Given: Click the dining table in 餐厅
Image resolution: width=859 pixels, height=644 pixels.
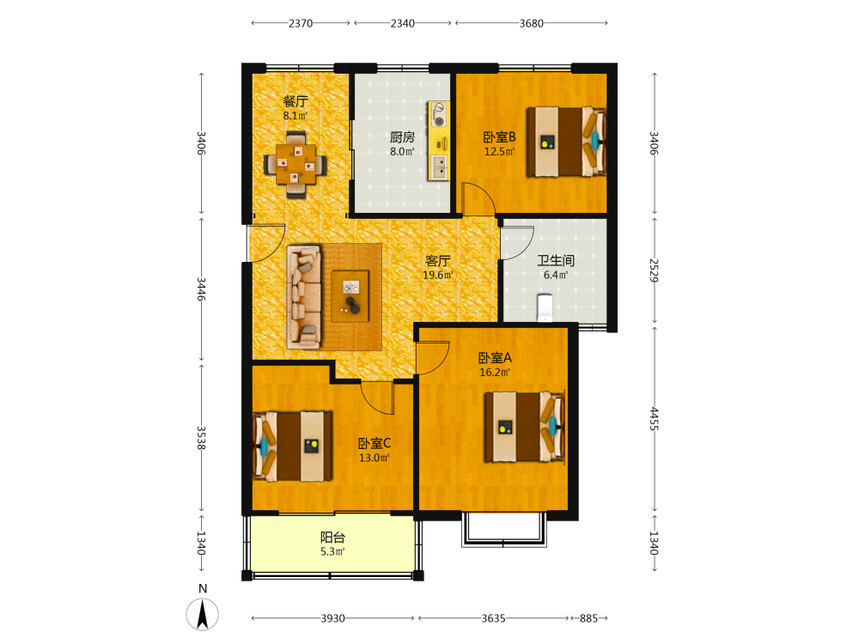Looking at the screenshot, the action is pyautogui.click(x=295, y=164).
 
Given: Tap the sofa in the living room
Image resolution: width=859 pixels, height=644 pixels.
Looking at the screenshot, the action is pyautogui.click(x=304, y=297).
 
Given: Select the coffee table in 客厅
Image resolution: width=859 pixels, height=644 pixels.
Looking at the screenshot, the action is pyautogui.click(x=350, y=296).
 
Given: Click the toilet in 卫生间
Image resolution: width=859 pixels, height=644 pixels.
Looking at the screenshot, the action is pyautogui.click(x=545, y=307).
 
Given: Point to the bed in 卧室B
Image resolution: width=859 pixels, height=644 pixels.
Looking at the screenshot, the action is pyautogui.click(x=566, y=142).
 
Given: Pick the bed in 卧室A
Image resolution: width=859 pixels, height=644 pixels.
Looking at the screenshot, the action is pyautogui.click(x=525, y=427).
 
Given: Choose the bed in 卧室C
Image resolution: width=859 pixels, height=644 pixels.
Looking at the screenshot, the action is pyautogui.click(x=292, y=447).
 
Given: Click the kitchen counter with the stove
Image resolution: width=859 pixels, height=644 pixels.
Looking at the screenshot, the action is pyautogui.click(x=439, y=140).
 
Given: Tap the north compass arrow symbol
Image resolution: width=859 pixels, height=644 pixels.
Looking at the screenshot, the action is pyautogui.click(x=202, y=614).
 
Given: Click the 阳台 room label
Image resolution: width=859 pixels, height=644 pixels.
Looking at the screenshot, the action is pyautogui.click(x=332, y=538).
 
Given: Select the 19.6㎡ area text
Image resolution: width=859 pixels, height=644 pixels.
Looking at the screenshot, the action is pyautogui.click(x=438, y=275).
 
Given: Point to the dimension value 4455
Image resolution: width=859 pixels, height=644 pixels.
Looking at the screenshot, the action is pyautogui.click(x=654, y=418).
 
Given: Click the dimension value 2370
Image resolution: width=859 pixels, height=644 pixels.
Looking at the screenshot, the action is pyautogui.click(x=301, y=23).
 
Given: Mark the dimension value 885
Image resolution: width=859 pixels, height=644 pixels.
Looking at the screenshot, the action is pyautogui.click(x=588, y=618).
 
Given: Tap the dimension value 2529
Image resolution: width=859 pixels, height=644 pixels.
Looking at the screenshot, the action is pyautogui.click(x=654, y=270).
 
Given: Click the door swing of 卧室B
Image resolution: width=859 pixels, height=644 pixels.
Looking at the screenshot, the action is pyautogui.click(x=478, y=198).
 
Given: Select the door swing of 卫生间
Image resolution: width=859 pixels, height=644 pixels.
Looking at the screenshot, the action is pyautogui.click(x=518, y=243).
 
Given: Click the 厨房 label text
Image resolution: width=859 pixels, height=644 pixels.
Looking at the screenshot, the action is pyautogui.click(x=402, y=137).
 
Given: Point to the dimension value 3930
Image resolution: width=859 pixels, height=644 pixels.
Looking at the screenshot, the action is pyautogui.click(x=333, y=618).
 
